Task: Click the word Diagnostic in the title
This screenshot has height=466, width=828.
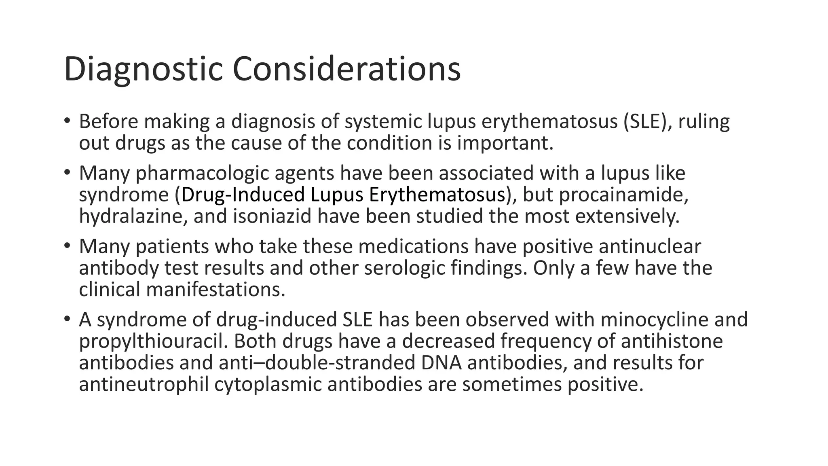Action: (x=143, y=70)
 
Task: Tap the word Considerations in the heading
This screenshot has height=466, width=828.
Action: (x=346, y=70)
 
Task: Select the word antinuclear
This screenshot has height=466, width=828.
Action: (x=650, y=246)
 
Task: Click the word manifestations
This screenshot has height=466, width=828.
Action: (x=215, y=289)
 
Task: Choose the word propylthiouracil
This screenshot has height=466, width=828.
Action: (x=153, y=341)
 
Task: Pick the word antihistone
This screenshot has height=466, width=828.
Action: (x=672, y=341)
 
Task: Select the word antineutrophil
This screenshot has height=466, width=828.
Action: (x=144, y=384)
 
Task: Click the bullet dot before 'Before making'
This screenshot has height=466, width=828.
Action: (x=67, y=121)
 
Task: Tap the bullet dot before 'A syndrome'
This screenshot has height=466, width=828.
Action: (x=67, y=319)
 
